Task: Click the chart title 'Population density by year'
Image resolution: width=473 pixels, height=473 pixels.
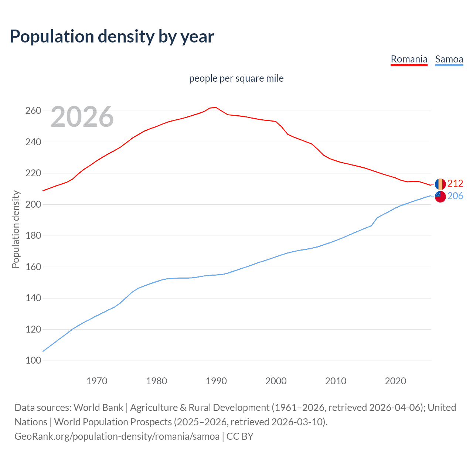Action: [112, 36]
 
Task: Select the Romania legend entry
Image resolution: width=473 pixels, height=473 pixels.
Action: [409, 59]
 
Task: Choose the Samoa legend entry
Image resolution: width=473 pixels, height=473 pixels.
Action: [449, 59]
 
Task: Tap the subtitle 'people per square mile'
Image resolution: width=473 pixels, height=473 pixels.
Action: [236, 78]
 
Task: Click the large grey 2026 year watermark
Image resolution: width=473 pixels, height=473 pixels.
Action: [82, 117]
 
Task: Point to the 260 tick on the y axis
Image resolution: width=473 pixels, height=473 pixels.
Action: [33, 111]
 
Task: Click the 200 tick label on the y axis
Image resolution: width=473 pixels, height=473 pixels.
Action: [33, 204]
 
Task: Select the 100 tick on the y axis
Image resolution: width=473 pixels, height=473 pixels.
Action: [33, 360]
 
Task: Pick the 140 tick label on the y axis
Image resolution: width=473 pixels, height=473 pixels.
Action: [33, 298]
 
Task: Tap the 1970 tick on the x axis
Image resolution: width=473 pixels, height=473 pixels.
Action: [97, 381]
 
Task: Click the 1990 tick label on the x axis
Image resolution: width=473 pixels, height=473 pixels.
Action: [216, 381]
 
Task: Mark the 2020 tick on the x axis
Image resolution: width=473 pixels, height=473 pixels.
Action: [395, 381]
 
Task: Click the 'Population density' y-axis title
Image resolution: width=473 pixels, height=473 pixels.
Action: [16, 229]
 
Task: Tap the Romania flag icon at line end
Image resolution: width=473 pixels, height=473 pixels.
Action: [440, 184]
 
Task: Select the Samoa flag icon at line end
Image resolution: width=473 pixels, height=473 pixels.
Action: [440, 197]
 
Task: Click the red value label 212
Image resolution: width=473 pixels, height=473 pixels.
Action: [455, 184]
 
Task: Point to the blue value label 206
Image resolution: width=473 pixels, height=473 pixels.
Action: [455, 196]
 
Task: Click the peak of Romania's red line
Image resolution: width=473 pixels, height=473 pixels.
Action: [216, 108]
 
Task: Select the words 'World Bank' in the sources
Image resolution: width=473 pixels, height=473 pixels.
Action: [98, 408]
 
